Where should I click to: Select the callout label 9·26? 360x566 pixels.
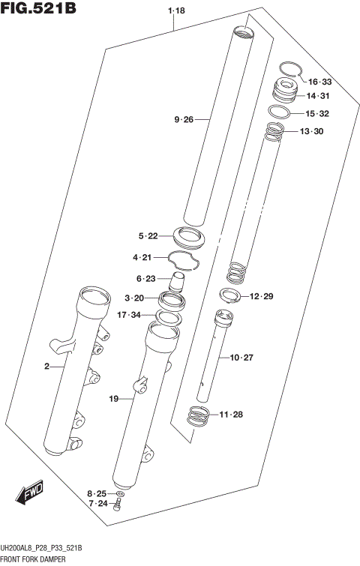(x=184, y=119)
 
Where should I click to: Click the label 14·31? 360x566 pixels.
(x=317, y=96)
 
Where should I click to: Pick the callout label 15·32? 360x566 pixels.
(x=317, y=114)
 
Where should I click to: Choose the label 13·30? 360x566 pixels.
(x=311, y=132)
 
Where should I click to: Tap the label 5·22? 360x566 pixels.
(x=148, y=236)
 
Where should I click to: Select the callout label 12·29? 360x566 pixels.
(x=262, y=297)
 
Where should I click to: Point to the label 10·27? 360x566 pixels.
(x=242, y=358)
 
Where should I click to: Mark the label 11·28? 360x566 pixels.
(x=231, y=415)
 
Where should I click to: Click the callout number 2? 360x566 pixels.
(x=46, y=367)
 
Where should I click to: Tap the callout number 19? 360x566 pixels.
(x=114, y=400)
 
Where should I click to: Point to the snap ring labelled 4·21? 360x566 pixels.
(x=183, y=259)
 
